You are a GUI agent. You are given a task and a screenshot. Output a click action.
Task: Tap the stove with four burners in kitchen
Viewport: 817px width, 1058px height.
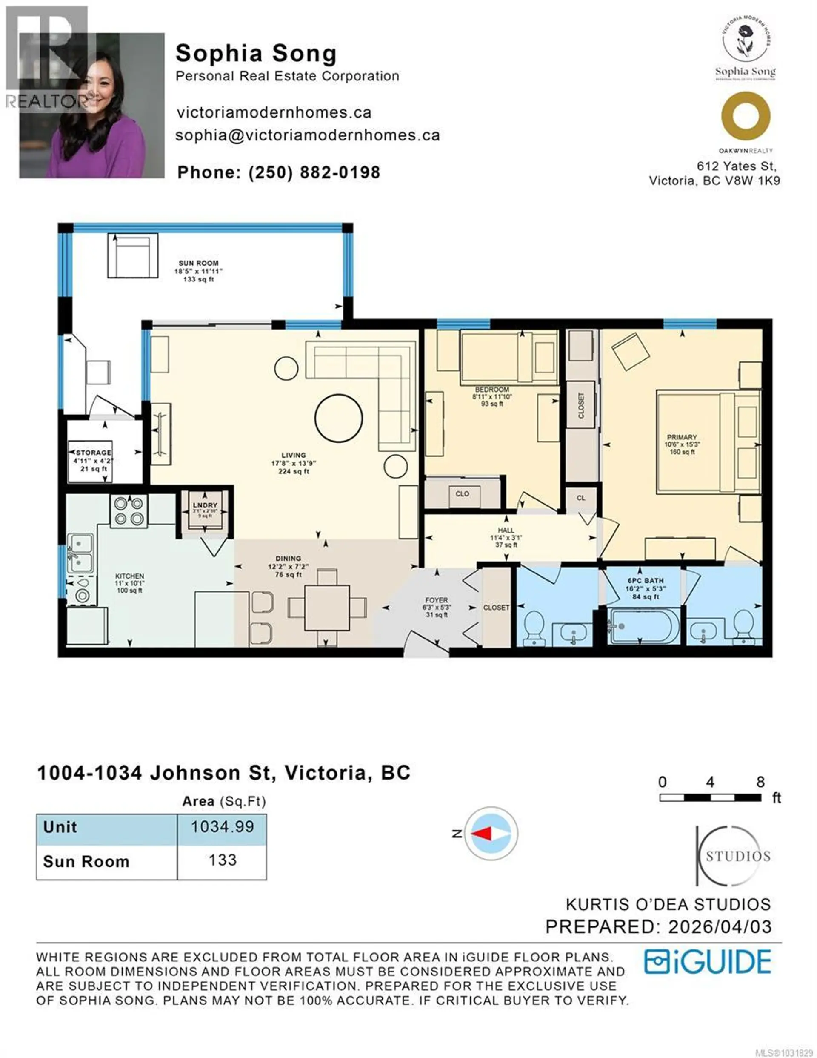click(x=129, y=512)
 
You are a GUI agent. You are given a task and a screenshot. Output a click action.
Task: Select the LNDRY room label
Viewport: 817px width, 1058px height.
click(x=205, y=505)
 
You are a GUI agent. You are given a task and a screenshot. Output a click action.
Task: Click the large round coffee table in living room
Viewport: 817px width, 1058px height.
click(x=339, y=418)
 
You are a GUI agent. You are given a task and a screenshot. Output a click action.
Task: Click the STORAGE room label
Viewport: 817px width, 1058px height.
click(x=94, y=453)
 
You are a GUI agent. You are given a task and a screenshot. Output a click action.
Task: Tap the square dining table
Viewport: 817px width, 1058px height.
click(x=327, y=608)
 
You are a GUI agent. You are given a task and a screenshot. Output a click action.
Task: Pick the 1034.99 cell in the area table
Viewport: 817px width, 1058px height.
click(x=222, y=826)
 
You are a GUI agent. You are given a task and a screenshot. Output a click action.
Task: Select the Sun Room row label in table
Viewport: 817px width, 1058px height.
click(x=86, y=862)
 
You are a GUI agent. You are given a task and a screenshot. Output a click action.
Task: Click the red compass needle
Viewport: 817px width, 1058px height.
click(x=482, y=833)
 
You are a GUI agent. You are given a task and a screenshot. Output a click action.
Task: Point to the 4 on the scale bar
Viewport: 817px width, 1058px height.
click(x=709, y=781)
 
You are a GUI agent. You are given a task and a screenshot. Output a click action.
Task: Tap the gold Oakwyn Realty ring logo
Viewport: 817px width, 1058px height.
click(x=746, y=116)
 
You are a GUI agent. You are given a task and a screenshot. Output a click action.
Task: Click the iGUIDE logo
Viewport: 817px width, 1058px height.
click(x=707, y=962)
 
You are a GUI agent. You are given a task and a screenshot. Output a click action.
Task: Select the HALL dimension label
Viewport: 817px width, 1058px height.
click(x=506, y=537)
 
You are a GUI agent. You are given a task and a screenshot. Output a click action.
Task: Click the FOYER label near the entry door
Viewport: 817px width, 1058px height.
click(x=436, y=600)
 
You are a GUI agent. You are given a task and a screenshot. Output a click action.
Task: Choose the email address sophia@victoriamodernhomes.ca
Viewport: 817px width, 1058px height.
click(x=308, y=135)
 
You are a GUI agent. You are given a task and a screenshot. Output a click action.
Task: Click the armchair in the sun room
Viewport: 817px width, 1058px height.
click(x=132, y=255)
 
